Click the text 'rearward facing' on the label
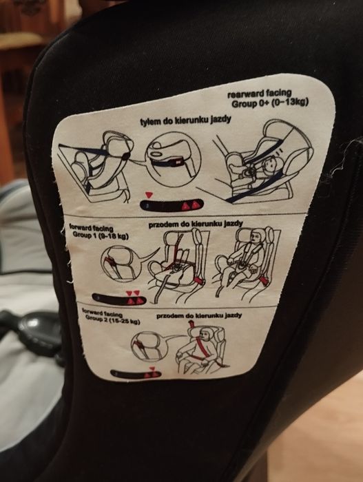pos(259,93)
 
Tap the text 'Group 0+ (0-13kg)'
pos(270,103)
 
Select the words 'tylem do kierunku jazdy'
pos(185,120)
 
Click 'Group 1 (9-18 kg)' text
pos(101,235)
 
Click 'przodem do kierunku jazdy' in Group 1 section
pos(196,224)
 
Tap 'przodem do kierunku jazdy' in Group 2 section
pos(199,315)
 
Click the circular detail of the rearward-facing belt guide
pos(173,159)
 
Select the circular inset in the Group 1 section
pos(121,264)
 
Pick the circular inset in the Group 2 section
pos(147,346)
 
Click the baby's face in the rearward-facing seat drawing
pos(271,163)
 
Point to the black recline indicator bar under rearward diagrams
pos(172,205)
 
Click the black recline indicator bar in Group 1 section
pos(119,299)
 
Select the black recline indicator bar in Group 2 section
pos(136,374)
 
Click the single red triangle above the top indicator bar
pos(149,195)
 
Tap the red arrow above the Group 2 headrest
pos(191,324)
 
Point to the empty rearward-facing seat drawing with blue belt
pos(96,166)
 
